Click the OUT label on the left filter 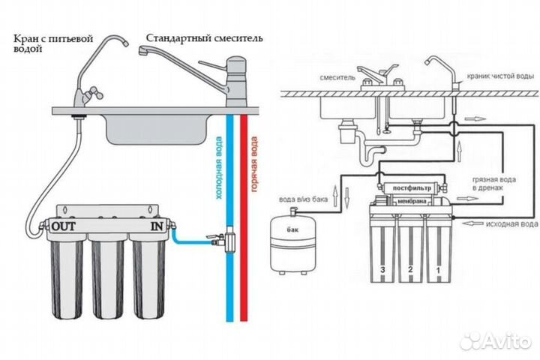(x=64, y=225)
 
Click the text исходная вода (x=510, y=223)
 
